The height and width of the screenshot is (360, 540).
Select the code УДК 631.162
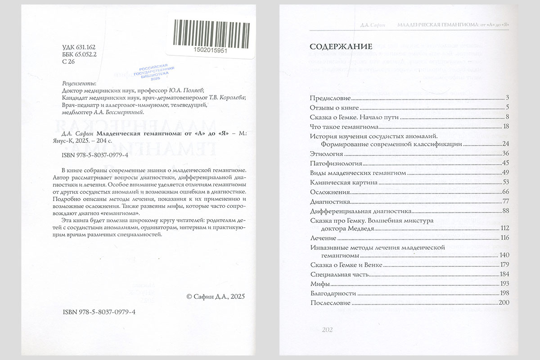tap(78, 47)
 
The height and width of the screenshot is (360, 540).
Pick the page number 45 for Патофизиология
tap(505, 163)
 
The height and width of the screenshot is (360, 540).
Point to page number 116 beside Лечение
tap(504, 238)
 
